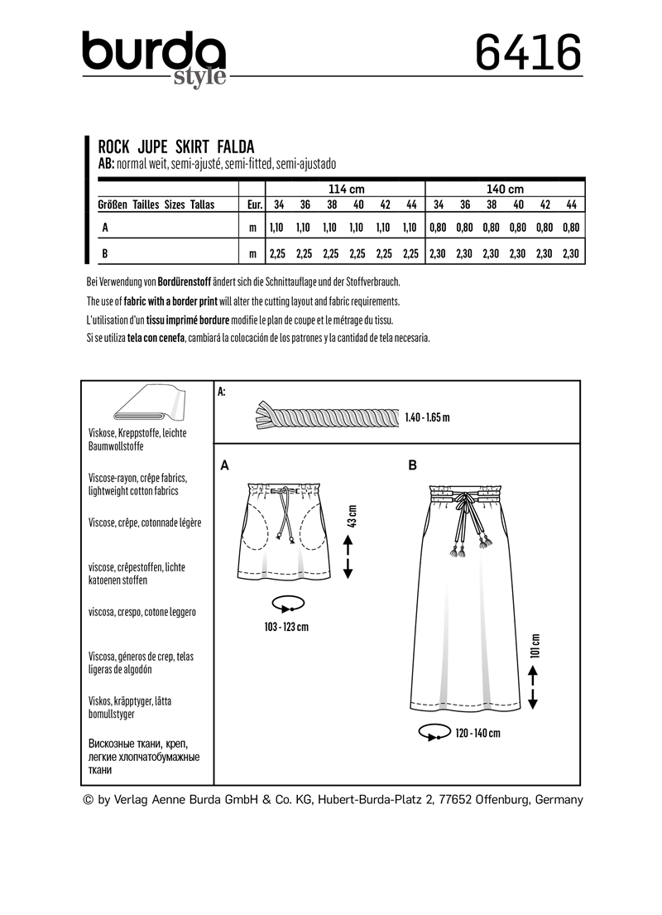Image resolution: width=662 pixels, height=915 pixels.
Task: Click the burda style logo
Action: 155,58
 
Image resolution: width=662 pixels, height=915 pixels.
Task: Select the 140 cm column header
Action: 505,190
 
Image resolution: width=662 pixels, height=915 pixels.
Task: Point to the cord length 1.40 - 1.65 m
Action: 428,417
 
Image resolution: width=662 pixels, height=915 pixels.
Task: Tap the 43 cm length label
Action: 352,517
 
